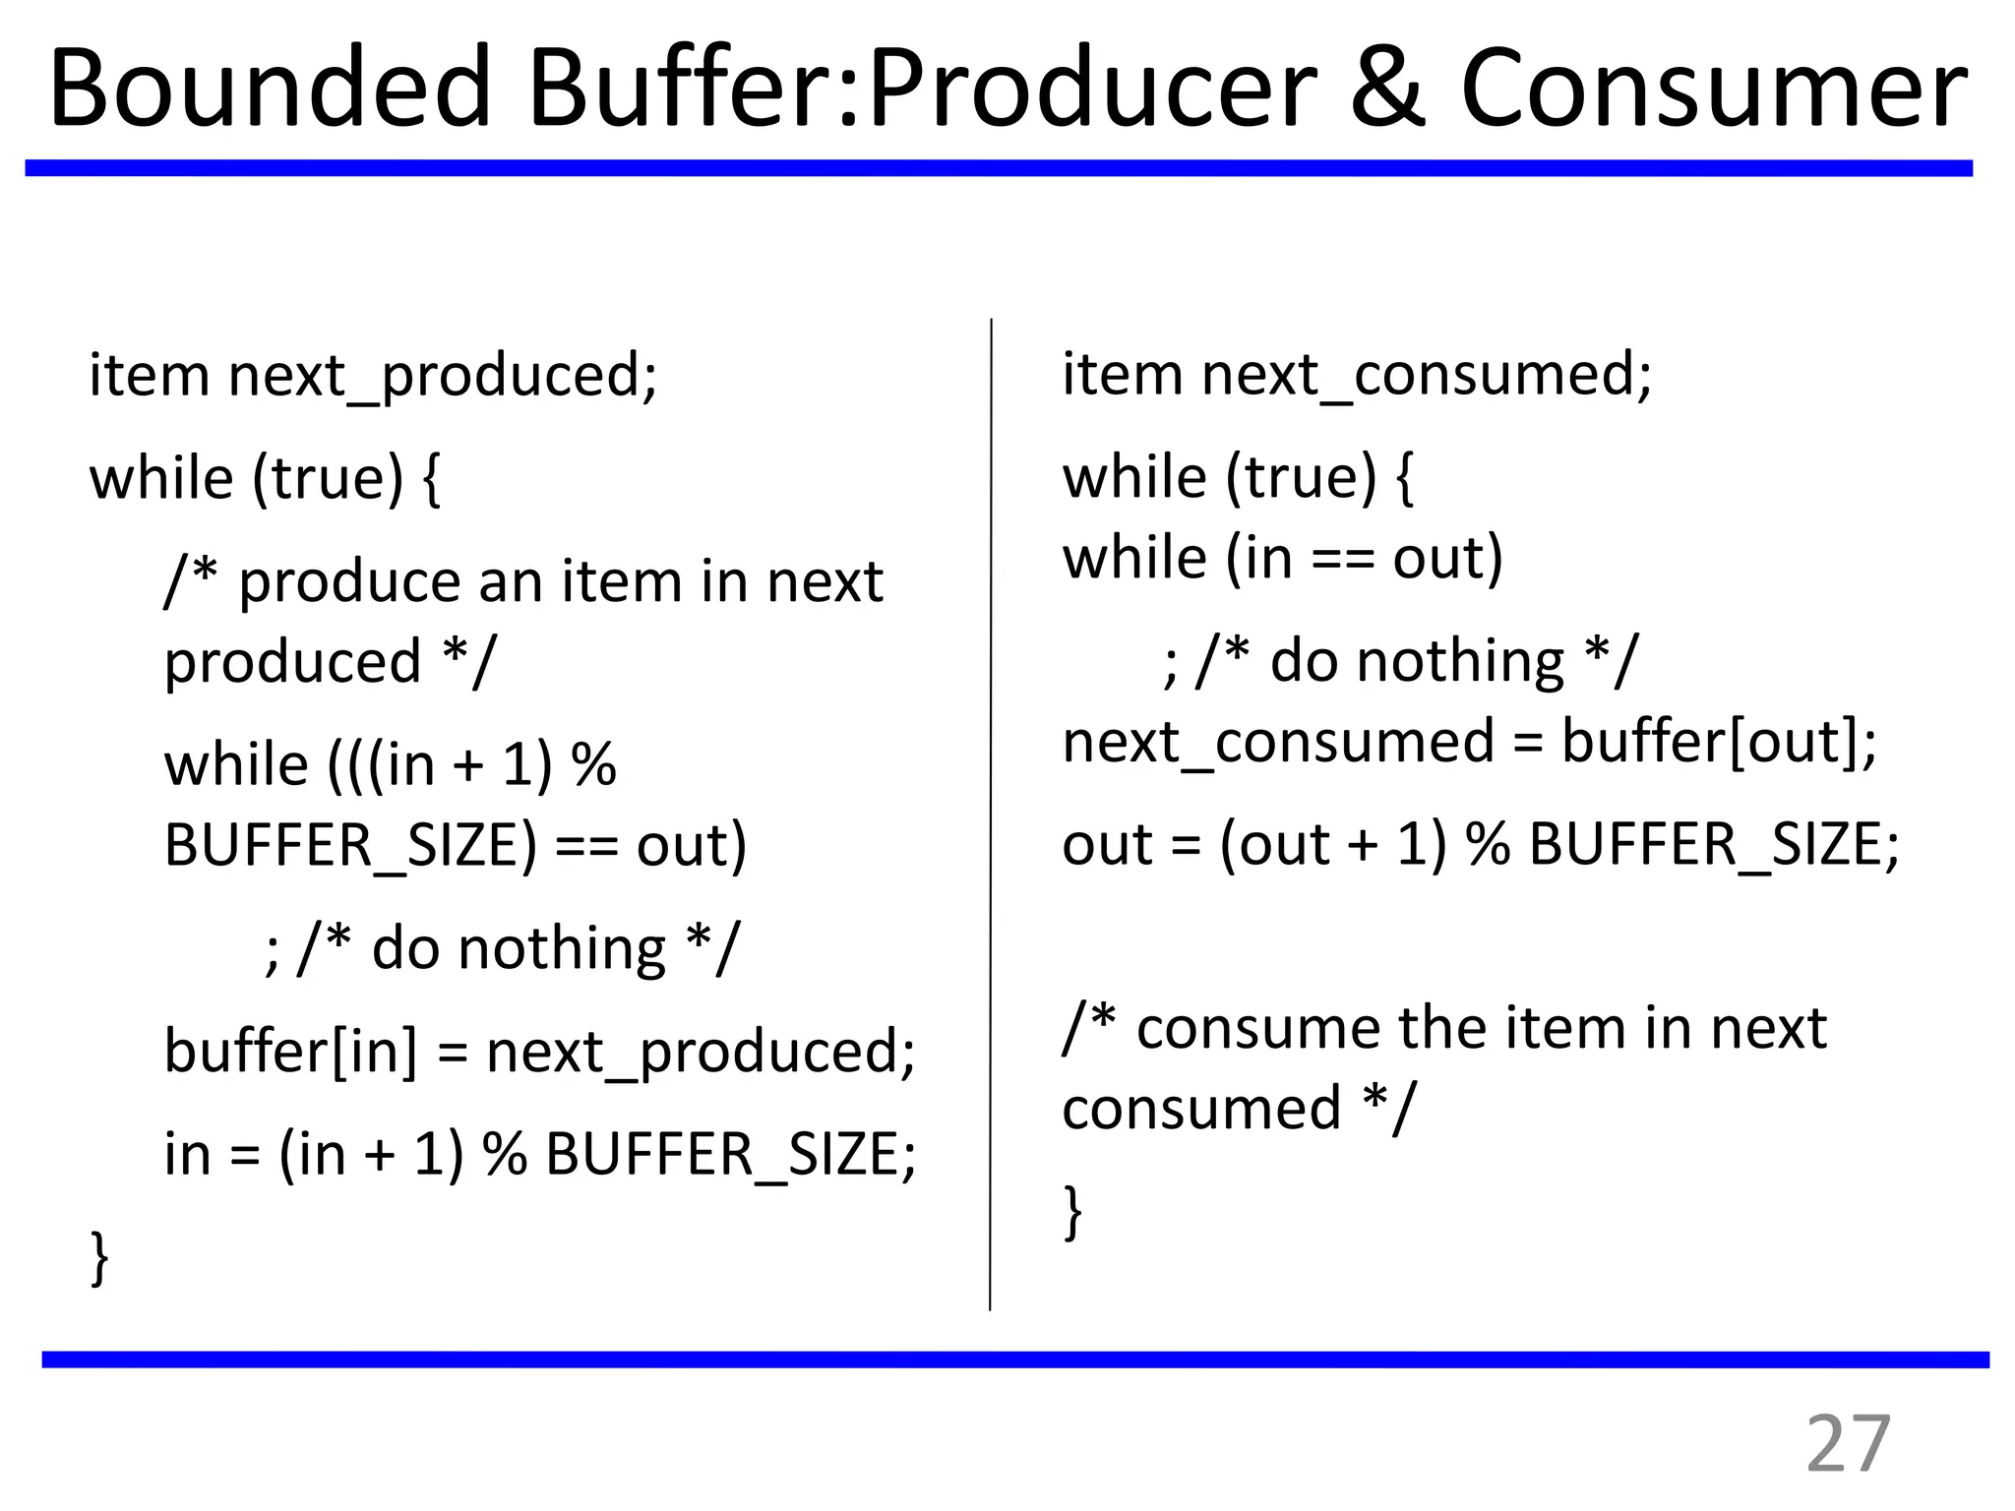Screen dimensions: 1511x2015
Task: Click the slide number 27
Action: tap(1849, 1444)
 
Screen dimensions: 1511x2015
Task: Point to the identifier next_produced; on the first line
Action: tap(443, 377)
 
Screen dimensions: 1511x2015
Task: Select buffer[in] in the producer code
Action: tap(290, 1051)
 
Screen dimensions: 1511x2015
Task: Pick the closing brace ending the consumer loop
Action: tap(1072, 1212)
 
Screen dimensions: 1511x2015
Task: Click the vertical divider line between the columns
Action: tap(991, 816)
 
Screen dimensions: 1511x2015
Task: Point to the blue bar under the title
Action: tap(998, 168)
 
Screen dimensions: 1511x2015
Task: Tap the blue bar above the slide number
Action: tap(1013, 1360)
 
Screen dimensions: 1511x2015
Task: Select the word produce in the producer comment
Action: tap(350, 582)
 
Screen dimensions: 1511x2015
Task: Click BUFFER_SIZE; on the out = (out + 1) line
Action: tap(1713, 845)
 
